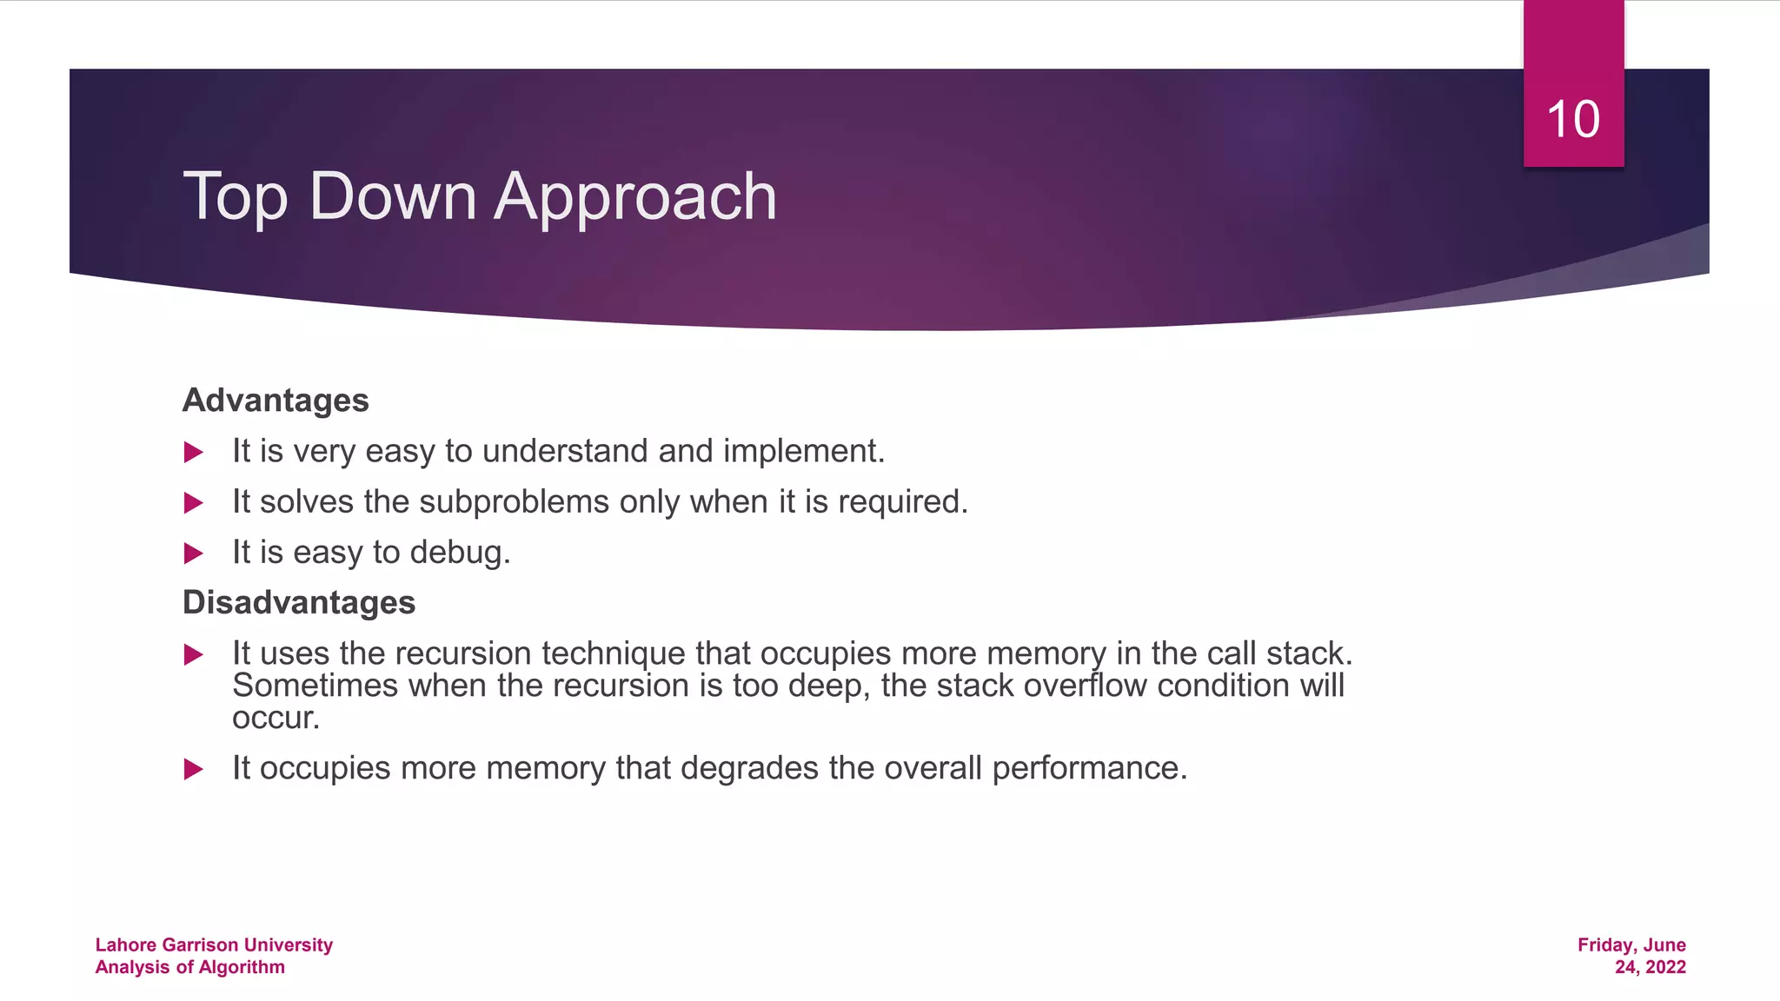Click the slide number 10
click(1573, 119)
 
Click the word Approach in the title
click(635, 197)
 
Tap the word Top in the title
click(235, 197)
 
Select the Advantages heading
click(276, 401)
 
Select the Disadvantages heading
click(299, 603)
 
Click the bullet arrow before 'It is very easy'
click(194, 453)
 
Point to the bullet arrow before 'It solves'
click(194, 503)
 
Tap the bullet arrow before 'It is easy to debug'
click(194, 554)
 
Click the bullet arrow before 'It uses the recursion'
click(194, 655)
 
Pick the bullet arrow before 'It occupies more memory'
click(194, 769)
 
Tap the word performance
click(1089, 769)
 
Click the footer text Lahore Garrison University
click(214, 945)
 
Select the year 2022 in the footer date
click(1665, 968)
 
